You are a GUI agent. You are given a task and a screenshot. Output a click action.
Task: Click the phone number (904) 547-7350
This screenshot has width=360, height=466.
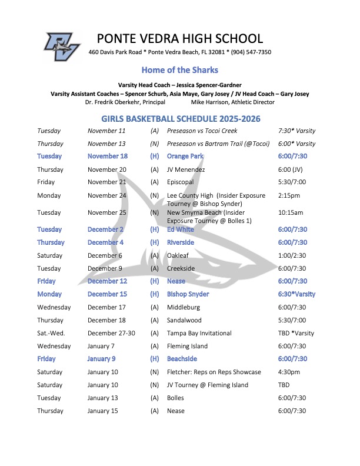point(249,52)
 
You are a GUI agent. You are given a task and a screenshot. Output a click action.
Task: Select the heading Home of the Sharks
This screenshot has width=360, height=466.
point(179,70)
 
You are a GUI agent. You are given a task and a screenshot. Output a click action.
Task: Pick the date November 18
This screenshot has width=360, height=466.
point(107,157)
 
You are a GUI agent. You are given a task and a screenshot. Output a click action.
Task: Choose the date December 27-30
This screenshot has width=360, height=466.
point(111,333)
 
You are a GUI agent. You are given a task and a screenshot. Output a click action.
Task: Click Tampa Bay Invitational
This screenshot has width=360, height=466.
point(199,333)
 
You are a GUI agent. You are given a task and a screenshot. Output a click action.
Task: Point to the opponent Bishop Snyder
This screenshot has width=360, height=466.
point(188,294)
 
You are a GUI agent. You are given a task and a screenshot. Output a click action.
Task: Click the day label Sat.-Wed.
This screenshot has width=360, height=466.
point(52,333)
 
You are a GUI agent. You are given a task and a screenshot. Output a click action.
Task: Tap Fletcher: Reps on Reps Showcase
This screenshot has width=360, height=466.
point(214,372)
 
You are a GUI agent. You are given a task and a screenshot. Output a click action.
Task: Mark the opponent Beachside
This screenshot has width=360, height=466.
point(182,359)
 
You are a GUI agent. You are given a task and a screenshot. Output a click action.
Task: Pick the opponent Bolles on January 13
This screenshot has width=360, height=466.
point(176,398)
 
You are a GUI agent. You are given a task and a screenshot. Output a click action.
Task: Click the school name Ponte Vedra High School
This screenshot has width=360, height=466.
point(179,39)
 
